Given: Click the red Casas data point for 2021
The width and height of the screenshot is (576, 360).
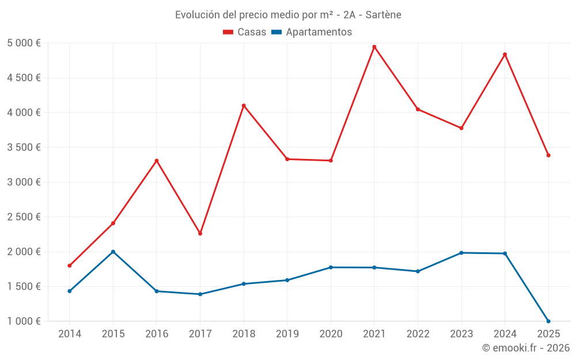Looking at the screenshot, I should [x=374, y=47].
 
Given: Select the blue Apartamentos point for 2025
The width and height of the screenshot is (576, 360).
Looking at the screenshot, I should [x=548, y=321].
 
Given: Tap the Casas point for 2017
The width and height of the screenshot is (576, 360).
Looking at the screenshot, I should [x=200, y=233].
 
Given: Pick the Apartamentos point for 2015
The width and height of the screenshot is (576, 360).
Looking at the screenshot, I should [x=113, y=252].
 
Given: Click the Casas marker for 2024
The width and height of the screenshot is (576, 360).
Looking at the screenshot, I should [x=505, y=55].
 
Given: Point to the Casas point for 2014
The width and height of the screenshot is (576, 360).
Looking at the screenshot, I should [x=70, y=266].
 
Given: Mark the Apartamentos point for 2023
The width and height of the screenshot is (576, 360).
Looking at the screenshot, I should [x=461, y=253].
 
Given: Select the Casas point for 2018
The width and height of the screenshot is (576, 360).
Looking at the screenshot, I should [x=244, y=105].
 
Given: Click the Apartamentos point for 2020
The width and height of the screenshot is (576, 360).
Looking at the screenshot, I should [x=331, y=267].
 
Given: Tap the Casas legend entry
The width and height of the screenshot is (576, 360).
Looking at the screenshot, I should [x=245, y=32].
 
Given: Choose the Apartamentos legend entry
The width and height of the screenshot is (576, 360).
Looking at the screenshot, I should [x=311, y=32].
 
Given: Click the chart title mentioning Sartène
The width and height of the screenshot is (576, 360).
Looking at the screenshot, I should [x=288, y=14].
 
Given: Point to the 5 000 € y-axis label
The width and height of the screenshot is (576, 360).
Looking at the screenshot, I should [x=24, y=43].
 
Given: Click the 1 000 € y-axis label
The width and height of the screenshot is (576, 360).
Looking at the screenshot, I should [x=24, y=321].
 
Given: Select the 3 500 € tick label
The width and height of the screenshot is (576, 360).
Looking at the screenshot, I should [x=24, y=147].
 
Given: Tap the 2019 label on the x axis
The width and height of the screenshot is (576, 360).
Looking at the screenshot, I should [x=287, y=334].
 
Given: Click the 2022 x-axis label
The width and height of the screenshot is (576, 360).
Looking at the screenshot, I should [x=418, y=334].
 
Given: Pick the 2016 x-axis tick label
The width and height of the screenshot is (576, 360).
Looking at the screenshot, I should [x=157, y=334].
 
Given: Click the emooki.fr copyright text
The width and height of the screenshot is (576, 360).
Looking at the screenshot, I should [x=525, y=348].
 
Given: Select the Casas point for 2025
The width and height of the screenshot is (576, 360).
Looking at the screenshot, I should [x=548, y=155].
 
